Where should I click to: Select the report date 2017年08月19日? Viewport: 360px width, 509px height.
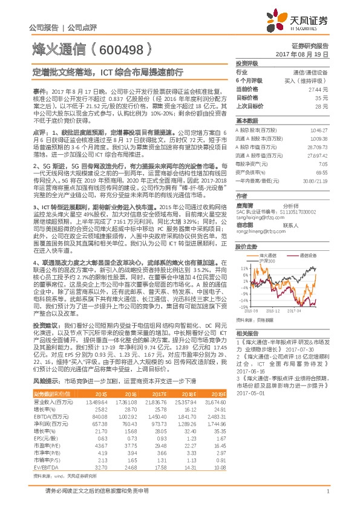pyautogui.click(x=306, y=54)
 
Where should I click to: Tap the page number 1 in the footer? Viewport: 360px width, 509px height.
pyautogui.click(x=327, y=491)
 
